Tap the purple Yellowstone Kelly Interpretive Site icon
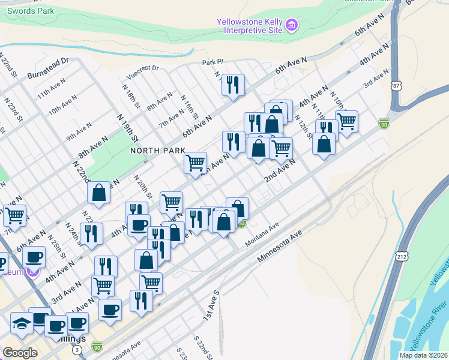[x=292, y=25]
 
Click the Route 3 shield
[x=76, y=349]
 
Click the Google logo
[x=20, y=353]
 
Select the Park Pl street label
[x=212, y=62]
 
